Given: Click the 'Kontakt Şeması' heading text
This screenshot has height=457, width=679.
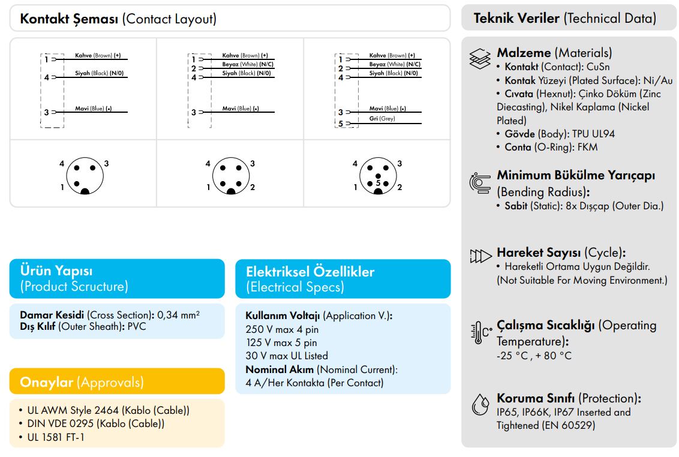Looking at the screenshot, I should coord(70,19).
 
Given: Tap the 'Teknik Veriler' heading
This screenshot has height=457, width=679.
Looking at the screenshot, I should coord(517,18).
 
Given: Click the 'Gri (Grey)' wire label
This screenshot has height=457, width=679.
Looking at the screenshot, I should coord(381,119).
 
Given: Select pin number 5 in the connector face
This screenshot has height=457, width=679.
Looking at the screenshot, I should coord(378,182).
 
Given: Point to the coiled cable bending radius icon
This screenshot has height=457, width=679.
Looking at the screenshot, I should coord(480,182).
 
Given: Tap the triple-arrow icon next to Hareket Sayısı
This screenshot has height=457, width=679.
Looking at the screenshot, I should coord(480,257).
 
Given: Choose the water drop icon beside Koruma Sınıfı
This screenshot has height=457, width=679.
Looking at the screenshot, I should coord(480,405).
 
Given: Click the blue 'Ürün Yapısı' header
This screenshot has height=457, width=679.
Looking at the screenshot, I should coord(117,278).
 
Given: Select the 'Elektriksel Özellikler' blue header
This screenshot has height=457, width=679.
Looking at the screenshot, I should coord(342,279).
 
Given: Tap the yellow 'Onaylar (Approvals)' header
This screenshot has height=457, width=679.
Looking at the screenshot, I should coord(117,382).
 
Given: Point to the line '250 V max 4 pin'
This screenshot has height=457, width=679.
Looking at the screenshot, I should coord(282,329).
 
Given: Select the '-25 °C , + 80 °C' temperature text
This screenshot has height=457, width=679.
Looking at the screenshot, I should coord(534,356).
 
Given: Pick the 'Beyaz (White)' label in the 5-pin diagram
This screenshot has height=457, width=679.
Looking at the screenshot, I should coord(387,64).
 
